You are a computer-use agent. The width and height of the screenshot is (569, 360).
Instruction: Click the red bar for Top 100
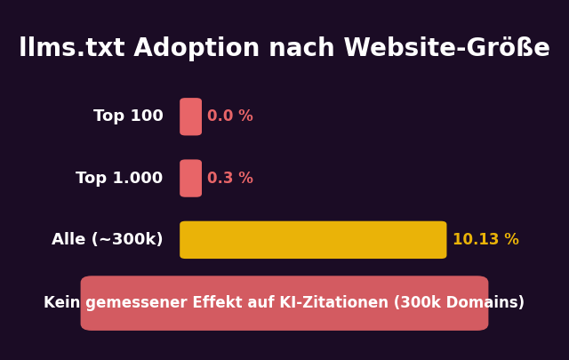pyautogui.click(x=190, y=116)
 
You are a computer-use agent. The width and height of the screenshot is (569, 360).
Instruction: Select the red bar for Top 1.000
pyautogui.click(x=190, y=179)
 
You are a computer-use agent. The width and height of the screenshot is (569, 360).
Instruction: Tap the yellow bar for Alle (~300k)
pyautogui.click(x=313, y=240)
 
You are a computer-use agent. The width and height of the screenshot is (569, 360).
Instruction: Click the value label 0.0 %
pyautogui.click(x=230, y=116)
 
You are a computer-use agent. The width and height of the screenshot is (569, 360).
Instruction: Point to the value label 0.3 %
pyautogui.click(x=230, y=179)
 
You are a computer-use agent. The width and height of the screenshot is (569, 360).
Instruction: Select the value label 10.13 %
pyautogui.click(x=485, y=240)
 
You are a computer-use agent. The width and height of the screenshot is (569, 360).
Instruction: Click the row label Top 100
pyautogui.click(x=128, y=116)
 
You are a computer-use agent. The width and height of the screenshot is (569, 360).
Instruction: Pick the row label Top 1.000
pyautogui.click(x=119, y=179)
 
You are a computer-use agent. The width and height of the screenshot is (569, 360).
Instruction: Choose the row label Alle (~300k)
pyautogui.click(x=108, y=240)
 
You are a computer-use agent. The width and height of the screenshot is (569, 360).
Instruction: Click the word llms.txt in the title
pyautogui.click(x=64, y=49)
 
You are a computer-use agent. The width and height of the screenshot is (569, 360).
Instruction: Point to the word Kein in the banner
pyautogui.click(x=62, y=303)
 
